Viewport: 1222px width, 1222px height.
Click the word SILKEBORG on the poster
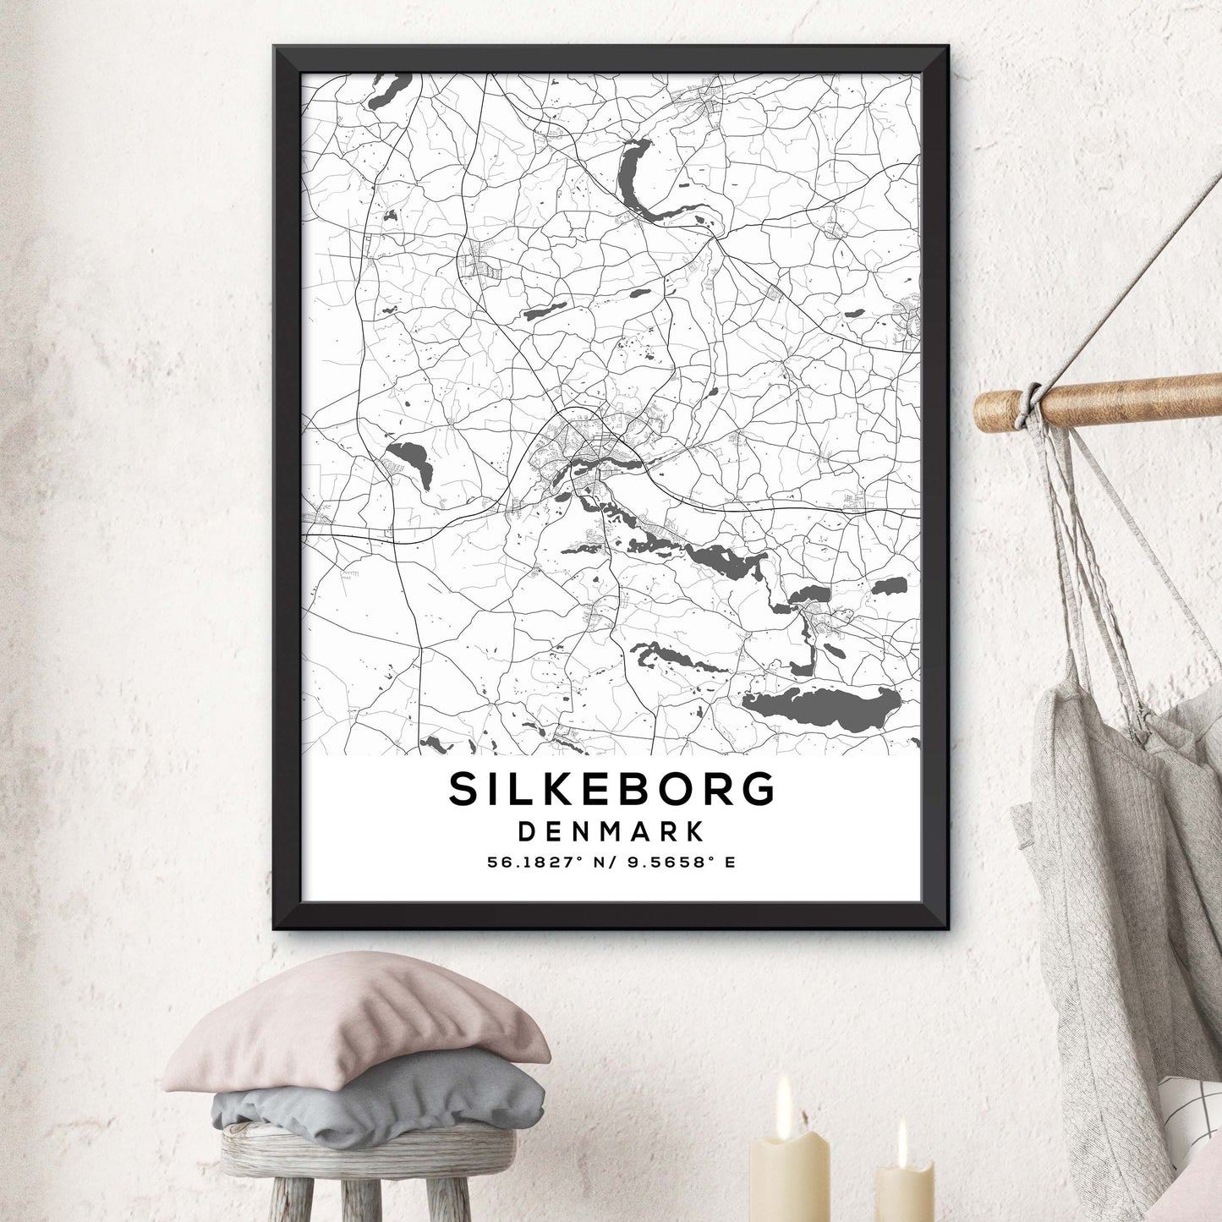(611, 789)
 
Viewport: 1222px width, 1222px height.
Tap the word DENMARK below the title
(611, 831)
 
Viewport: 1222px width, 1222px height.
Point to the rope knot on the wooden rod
(1030, 404)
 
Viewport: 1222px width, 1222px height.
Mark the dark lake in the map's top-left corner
(388, 90)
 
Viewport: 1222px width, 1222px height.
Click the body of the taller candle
(789, 1175)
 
